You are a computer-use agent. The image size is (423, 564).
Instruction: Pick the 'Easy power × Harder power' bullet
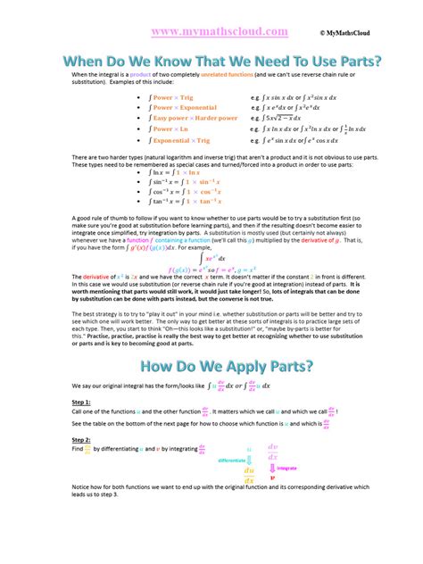coord(195,117)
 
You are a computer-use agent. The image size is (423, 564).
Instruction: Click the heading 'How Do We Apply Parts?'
coord(211,367)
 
